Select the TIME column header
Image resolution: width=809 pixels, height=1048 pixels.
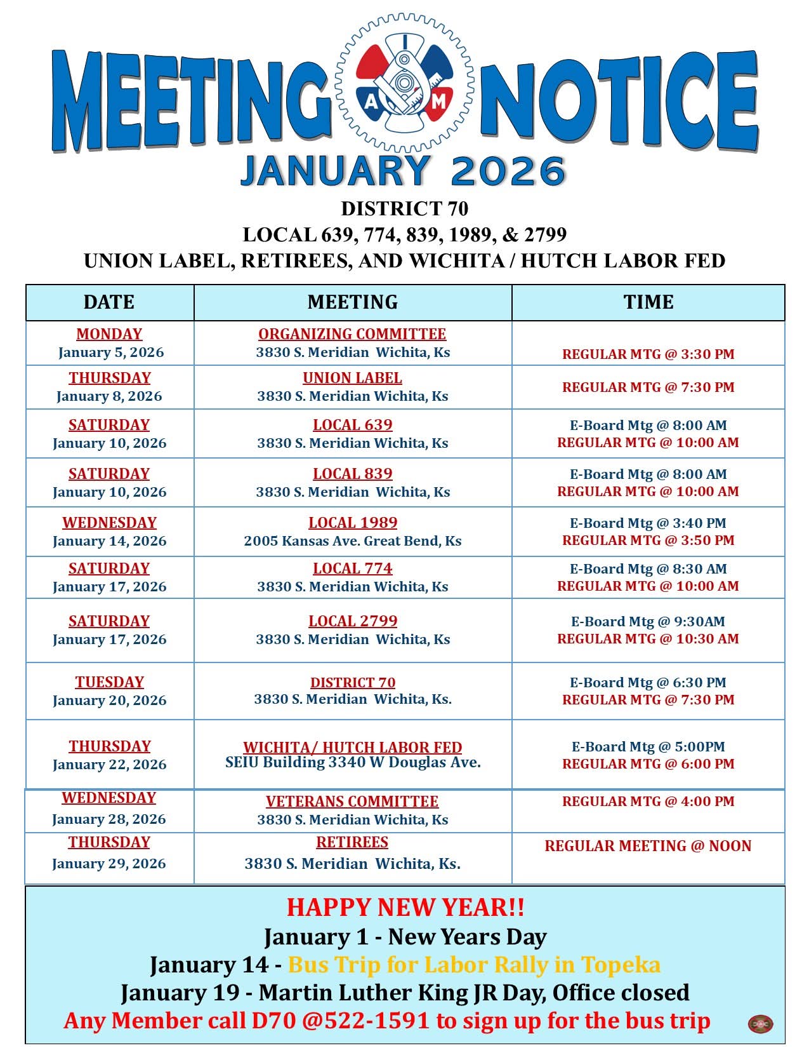(x=648, y=302)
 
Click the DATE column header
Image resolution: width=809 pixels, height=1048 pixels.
(x=109, y=302)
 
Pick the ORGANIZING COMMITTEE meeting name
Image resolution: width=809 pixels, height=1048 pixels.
(x=352, y=334)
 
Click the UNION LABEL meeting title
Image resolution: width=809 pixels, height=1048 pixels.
(x=352, y=378)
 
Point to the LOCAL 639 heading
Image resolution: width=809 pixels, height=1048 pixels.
(x=352, y=425)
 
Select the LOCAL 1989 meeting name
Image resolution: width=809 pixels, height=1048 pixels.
(x=353, y=523)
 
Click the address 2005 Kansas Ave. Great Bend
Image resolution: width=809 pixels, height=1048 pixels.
(x=352, y=541)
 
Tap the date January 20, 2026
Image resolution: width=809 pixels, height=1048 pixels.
(x=109, y=701)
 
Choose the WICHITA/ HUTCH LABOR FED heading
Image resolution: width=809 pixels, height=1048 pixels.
(x=352, y=747)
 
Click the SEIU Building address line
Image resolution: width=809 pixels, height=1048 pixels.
(x=353, y=762)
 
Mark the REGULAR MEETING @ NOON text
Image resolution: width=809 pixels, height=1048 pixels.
(x=648, y=846)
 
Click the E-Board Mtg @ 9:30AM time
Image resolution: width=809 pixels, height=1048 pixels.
(x=648, y=622)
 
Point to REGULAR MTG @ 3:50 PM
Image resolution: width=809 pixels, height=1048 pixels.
(x=648, y=541)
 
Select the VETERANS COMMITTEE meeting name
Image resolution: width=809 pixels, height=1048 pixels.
(x=352, y=802)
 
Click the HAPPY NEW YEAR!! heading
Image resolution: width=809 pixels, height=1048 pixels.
(x=405, y=907)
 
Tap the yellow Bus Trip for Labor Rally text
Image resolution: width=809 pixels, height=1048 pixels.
(x=474, y=965)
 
